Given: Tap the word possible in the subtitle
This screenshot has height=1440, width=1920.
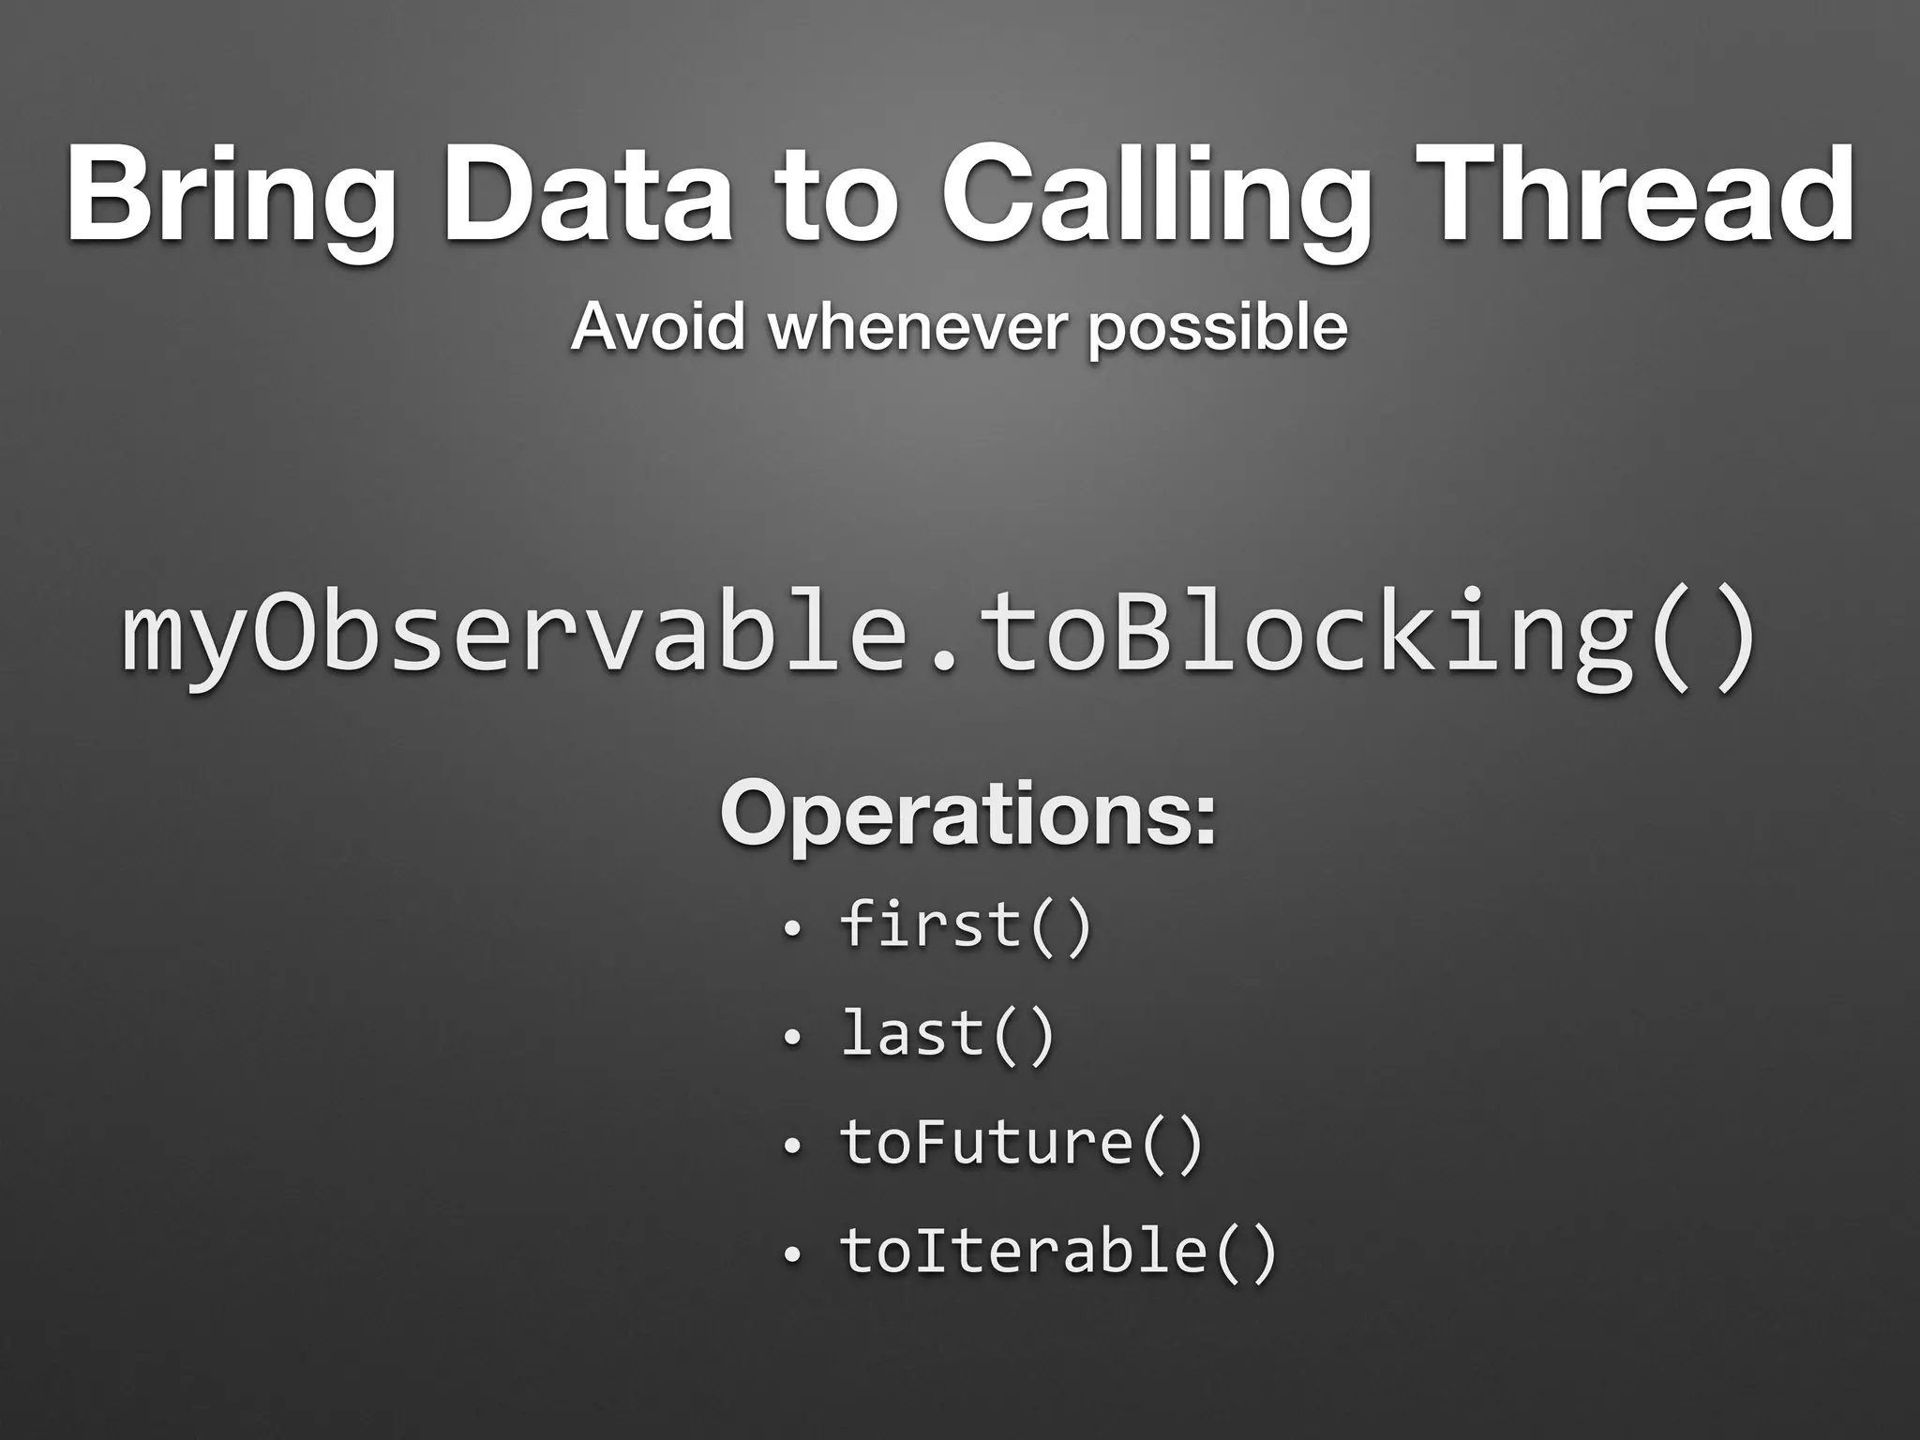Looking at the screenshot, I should [1218, 329].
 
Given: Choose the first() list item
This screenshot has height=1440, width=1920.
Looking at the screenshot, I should [967, 926].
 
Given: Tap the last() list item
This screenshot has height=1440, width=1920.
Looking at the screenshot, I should [948, 1035].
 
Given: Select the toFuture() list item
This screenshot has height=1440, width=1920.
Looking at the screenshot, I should [1021, 1143].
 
